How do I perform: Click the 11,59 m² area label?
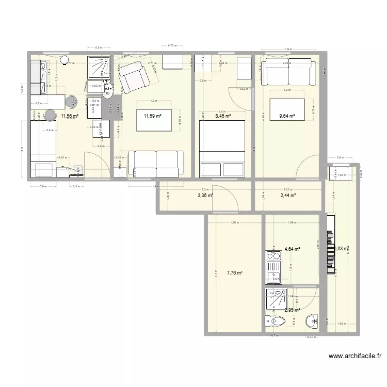tap(153, 117)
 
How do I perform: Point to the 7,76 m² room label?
tap(234, 273)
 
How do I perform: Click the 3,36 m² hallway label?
tap(205, 196)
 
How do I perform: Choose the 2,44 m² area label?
tap(287, 196)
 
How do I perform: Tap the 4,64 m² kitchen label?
tap(293, 249)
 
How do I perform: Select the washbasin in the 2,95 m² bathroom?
tap(312, 321)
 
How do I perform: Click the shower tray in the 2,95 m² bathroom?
tap(278, 299)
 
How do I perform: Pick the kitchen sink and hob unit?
tap(273, 267)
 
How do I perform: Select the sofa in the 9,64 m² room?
tap(287, 72)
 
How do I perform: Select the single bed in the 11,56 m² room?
tap(43, 147)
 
